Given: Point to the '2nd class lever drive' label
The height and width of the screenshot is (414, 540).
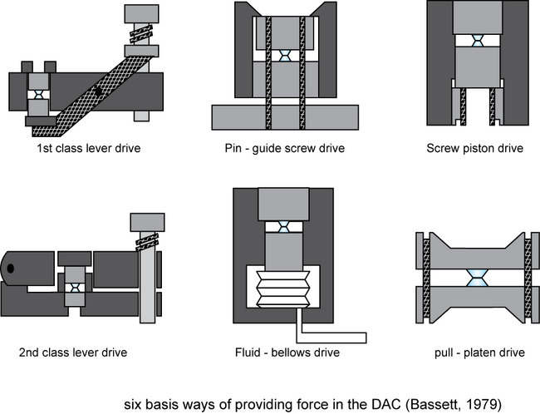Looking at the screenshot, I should [73, 352].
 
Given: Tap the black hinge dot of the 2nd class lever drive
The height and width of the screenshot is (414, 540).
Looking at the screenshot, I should [11, 269].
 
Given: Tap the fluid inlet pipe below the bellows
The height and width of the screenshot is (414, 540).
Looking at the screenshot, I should [332, 336].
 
